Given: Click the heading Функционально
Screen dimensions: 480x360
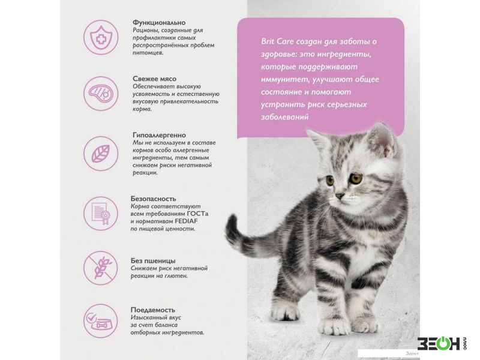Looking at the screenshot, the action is [x=159, y=23].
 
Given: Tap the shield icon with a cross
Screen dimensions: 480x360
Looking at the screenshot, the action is [x=101, y=38].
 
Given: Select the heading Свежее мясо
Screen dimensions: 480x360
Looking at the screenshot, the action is [x=154, y=79].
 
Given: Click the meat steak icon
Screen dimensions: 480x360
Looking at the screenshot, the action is [x=101, y=94].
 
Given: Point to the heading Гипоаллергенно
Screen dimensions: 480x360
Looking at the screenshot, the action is [x=159, y=136].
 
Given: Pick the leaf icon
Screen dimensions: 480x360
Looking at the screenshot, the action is [x=101, y=154].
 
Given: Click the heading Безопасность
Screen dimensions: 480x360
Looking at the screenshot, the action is [x=153, y=199].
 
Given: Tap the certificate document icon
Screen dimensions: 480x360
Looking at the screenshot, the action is [x=101, y=214].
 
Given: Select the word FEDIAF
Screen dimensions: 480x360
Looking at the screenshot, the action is [x=186, y=221].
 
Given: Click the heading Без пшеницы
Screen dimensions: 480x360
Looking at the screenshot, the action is [x=153, y=261].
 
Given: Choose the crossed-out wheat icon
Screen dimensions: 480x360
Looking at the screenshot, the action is [x=101, y=268].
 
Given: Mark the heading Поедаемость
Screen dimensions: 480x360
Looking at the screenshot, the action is [x=152, y=310].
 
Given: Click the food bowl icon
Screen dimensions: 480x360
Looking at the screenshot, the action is [x=101, y=321].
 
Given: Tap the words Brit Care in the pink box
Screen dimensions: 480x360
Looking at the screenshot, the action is [x=277, y=41].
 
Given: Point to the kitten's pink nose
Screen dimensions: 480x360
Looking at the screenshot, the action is [x=338, y=196].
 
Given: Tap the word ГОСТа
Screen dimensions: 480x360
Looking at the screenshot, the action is [x=202, y=214].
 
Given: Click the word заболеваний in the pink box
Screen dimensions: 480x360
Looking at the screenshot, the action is [x=284, y=117].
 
